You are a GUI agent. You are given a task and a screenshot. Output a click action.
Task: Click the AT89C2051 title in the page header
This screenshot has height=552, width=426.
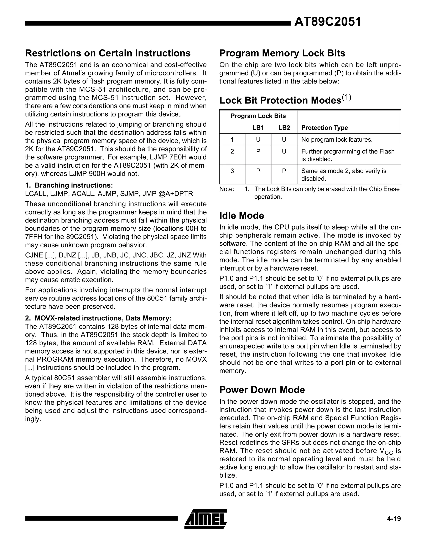point(328,22)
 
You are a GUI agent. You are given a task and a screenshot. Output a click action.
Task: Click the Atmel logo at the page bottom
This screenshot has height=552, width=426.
point(206,519)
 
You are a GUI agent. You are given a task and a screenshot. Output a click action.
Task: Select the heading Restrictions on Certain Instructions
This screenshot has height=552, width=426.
point(108,53)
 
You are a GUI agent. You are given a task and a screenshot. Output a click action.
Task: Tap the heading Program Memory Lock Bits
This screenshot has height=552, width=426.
point(282,53)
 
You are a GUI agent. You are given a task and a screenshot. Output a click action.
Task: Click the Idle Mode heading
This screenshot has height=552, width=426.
point(241,215)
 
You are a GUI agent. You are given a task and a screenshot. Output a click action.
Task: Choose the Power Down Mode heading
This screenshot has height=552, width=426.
point(262,390)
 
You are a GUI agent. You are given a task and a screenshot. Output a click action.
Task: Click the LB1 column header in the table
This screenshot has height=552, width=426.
point(258,128)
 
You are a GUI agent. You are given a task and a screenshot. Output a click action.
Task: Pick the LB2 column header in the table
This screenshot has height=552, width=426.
point(284,128)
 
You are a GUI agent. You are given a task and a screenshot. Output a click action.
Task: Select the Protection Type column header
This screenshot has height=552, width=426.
point(324,128)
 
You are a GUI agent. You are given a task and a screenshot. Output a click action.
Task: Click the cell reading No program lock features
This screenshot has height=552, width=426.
point(337,140)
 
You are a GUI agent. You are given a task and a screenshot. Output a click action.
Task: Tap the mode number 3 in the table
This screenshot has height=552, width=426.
point(232,171)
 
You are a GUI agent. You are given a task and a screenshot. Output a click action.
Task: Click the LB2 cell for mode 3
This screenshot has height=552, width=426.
point(284,171)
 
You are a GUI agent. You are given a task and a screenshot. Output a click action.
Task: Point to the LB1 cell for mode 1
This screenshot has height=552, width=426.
point(258,140)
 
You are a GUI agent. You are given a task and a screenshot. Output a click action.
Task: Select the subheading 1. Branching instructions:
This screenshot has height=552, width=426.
point(69,185)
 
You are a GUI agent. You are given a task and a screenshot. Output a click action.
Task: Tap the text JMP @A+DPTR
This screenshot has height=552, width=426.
point(168,194)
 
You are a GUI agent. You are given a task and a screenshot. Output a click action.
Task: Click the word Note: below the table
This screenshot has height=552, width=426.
point(227,189)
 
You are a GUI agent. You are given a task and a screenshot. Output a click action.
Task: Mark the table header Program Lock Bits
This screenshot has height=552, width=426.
point(258,116)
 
